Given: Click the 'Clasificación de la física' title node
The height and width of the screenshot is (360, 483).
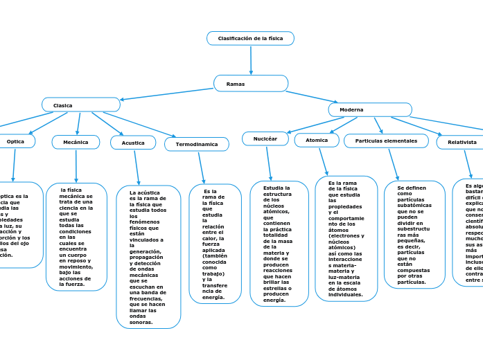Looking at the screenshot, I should [250, 38].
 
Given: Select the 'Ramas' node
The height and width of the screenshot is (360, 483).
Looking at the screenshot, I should [250, 84].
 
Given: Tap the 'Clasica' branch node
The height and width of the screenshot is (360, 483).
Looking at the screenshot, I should [80, 105].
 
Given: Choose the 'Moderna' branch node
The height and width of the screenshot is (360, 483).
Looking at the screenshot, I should [370, 110].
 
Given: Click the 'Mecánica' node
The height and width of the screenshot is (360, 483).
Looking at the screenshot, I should [76, 142].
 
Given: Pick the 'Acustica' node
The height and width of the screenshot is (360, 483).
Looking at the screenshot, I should [133, 143].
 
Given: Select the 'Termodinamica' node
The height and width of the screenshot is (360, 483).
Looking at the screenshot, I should [197, 145].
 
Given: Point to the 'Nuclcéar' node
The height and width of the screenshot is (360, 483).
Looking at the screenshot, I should [265, 139].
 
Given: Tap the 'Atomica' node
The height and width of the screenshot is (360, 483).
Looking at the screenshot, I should [317, 141].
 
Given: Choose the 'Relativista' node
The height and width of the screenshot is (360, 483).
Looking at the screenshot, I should [462, 143].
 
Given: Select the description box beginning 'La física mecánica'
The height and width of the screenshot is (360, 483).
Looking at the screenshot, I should [76, 237].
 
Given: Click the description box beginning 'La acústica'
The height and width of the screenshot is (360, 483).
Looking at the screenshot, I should [148, 257].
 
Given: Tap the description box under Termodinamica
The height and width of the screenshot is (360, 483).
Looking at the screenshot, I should [215, 244].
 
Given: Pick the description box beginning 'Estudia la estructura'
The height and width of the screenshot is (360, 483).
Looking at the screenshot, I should [279, 244].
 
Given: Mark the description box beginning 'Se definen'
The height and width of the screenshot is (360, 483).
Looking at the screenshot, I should [414, 235].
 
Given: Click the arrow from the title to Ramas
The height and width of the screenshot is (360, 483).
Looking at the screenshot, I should [251, 60].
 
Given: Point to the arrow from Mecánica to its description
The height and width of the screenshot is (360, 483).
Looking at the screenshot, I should [76, 166].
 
